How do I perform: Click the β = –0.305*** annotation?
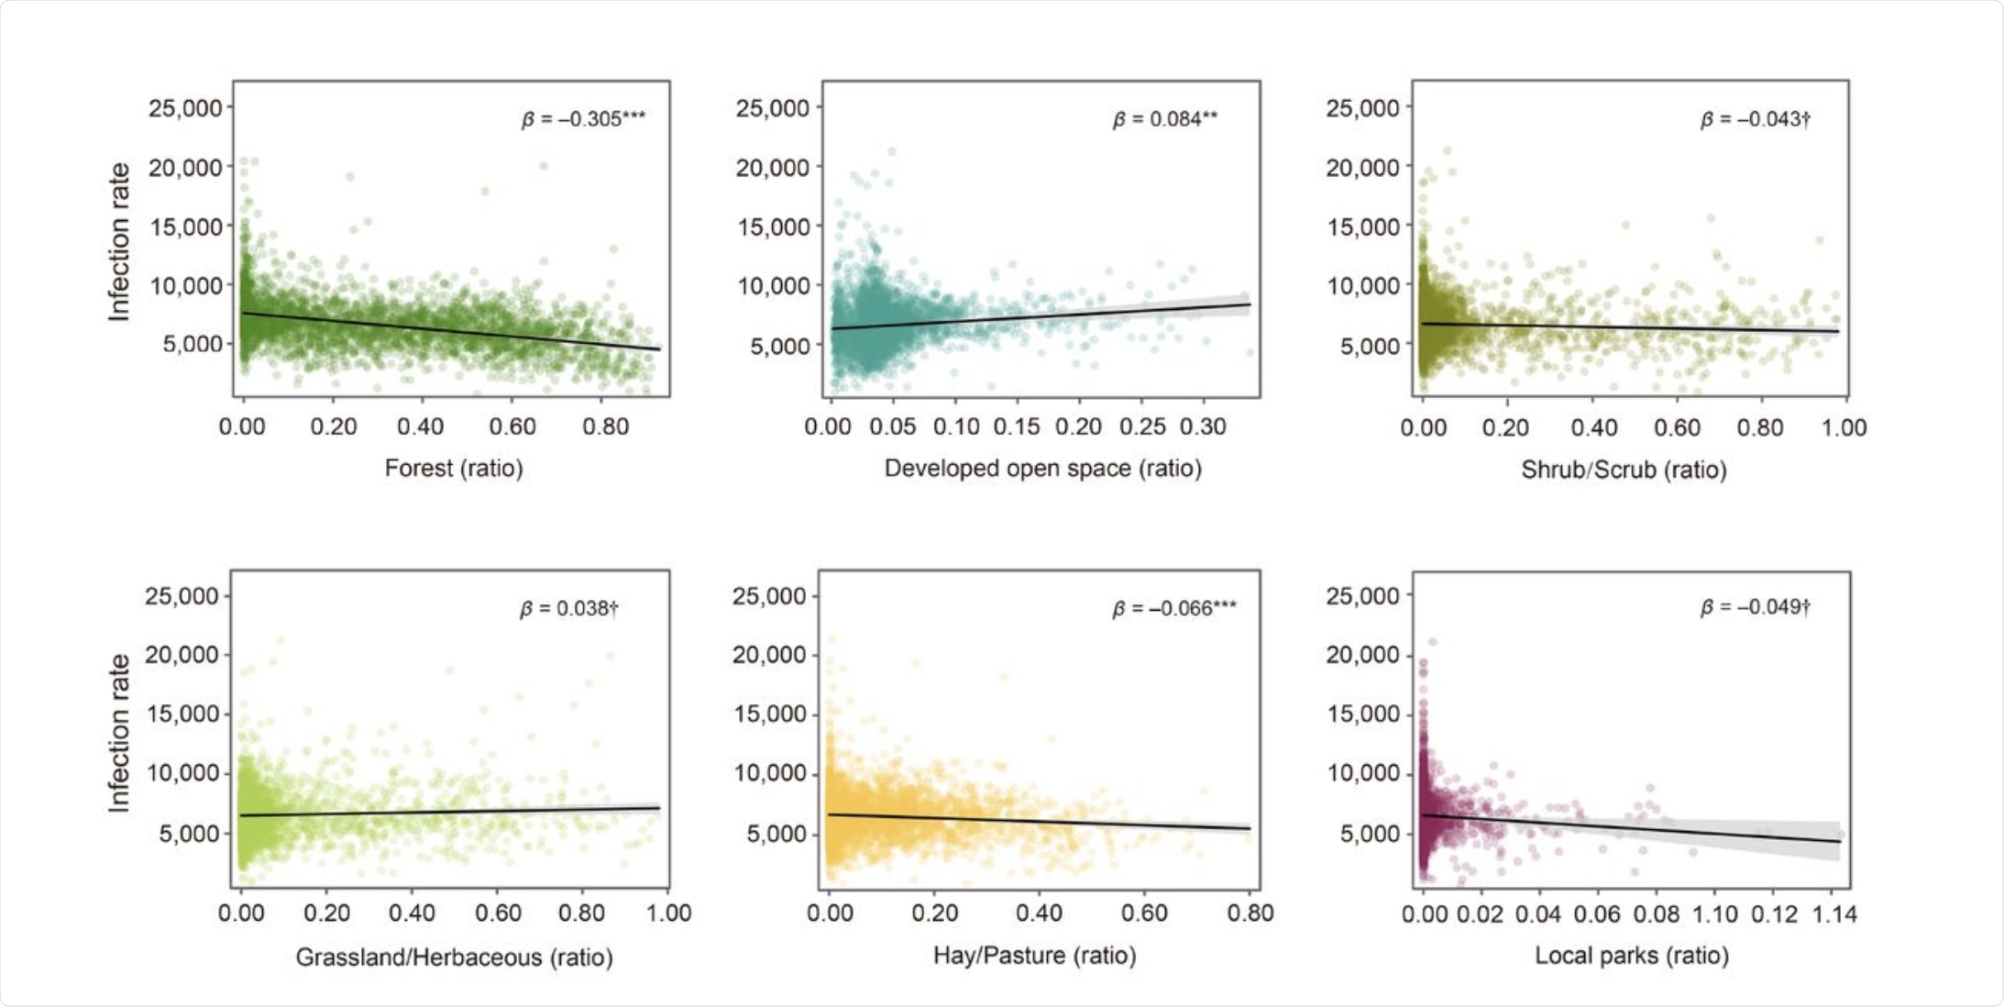pos(583,119)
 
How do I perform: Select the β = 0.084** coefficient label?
pos(1164,119)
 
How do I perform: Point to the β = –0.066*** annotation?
pos(1173,608)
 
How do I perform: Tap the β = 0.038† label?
pos(568,608)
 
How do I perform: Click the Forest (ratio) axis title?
pos(454,469)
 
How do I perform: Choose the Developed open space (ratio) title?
pos(1042,469)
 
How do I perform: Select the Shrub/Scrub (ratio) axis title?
pos(1624,470)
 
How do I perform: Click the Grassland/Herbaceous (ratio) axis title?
pos(454,957)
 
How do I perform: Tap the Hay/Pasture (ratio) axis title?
pos(1034,956)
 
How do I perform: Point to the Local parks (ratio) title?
pos(1632,956)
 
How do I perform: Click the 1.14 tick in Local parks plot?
pos(1834,914)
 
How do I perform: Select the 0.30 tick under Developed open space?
pos(1203,427)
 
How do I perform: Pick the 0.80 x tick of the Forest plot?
pos(605,427)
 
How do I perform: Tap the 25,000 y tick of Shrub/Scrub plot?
pos(1362,108)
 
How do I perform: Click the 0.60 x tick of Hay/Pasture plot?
pos(1144,913)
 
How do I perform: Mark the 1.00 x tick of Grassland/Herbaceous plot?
pos(668,913)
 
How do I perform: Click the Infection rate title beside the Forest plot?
pos(119,242)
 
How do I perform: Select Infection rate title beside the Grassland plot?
pos(119,733)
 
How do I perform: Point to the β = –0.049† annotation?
pos(1755,607)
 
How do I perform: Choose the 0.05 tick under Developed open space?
pos(892,427)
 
